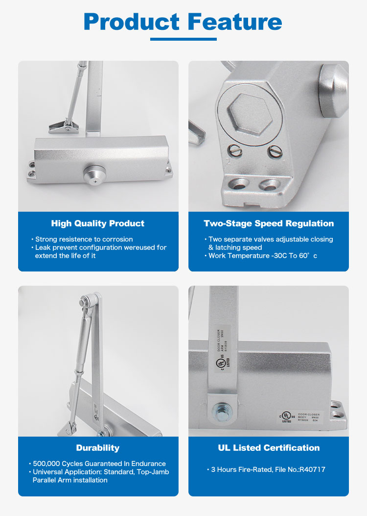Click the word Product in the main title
click(132, 22)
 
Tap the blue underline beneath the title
click(183, 39)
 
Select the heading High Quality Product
click(98, 223)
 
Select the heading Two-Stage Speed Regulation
click(269, 223)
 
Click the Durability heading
click(98, 448)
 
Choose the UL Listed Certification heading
click(269, 448)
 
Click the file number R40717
click(311, 469)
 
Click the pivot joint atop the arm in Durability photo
click(93, 300)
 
